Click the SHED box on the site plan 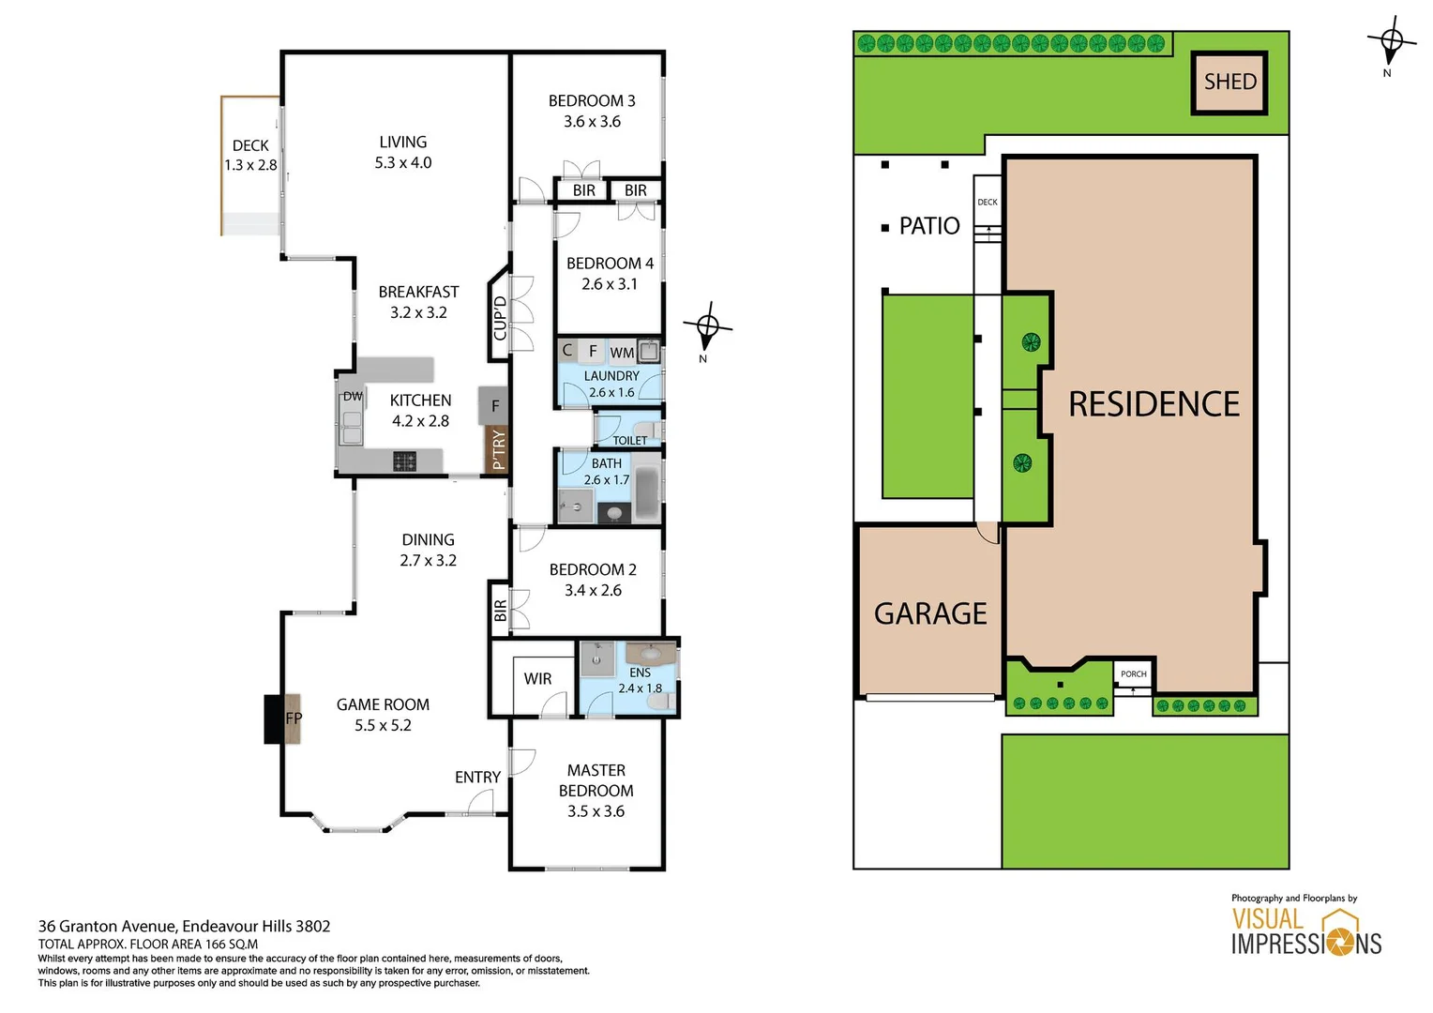tap(1229, 83)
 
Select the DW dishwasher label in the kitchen tap(353, 397)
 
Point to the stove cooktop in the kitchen tap(404, 461)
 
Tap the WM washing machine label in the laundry tap(622, 353)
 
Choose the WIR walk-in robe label tap(537, 679)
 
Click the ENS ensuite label tap(641, 673)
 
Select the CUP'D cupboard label tap(500, 319)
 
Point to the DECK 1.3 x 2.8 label tap(250, 156)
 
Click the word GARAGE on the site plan tap(930, 613)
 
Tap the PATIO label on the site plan tap(928, 226)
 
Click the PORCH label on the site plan tap(1133, 674)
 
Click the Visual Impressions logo tap(1305, 930)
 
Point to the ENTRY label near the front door tap(477, 778)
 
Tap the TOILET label tap(629, 441)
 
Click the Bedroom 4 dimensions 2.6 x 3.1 tap(610, 284)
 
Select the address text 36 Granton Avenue tap(184, 927)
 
